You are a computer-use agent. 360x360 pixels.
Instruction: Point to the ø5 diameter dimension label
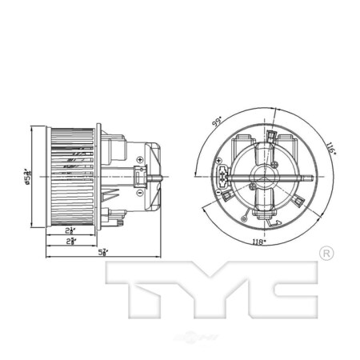(x=26, y=177)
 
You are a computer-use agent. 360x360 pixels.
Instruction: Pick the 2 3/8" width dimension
(x=72, y=241)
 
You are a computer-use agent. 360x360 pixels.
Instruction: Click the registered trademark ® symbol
(x=326, y=254)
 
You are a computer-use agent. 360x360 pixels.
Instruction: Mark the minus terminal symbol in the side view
(x=141, y=192)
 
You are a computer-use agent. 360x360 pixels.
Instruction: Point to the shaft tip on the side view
(x=164, y=176)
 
